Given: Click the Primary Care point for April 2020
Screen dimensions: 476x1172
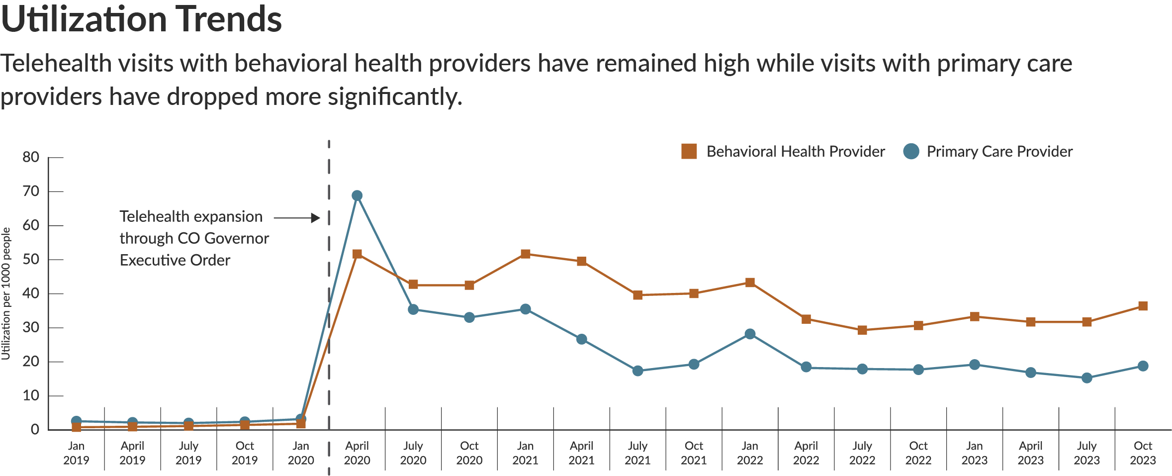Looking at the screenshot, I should [x=357, y=195].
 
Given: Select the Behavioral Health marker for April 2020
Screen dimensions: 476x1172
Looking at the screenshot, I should [x=357, y=254].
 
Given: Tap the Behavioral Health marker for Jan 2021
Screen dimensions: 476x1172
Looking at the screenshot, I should [x=525, y=254].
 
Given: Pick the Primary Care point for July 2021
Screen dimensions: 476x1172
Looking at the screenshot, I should [x=637, y=371].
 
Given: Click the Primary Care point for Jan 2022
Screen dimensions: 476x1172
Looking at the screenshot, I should [x=750, y=334].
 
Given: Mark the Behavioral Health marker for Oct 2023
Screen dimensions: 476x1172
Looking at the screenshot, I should [x=1143, y=306].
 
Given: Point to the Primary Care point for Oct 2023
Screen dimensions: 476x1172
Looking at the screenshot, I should [x=1143, y=366].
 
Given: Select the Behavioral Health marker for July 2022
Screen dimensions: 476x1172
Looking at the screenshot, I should [x=862, y=330].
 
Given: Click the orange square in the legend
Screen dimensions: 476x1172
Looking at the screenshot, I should [x=689, y=151].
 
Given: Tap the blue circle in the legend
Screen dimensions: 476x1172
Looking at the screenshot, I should [x=911, y=151].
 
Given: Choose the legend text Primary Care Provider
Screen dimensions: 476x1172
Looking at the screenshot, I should [x=999, y=151].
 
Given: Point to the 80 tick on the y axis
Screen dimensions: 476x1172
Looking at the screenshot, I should [x=31, y=157].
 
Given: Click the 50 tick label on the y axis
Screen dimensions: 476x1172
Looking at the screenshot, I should [x=31, y=259].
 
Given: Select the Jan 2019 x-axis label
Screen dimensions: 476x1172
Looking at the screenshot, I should [x=76, y=453].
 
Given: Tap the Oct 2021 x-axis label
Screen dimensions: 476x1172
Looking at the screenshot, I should [x=694, y=453].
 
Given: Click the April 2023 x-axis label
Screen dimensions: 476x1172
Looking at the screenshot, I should [x=1030, y=453].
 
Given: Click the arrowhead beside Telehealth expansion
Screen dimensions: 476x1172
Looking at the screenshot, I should [x=315, y=218].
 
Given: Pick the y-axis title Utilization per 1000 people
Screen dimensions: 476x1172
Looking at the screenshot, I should [x=6, y=293].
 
